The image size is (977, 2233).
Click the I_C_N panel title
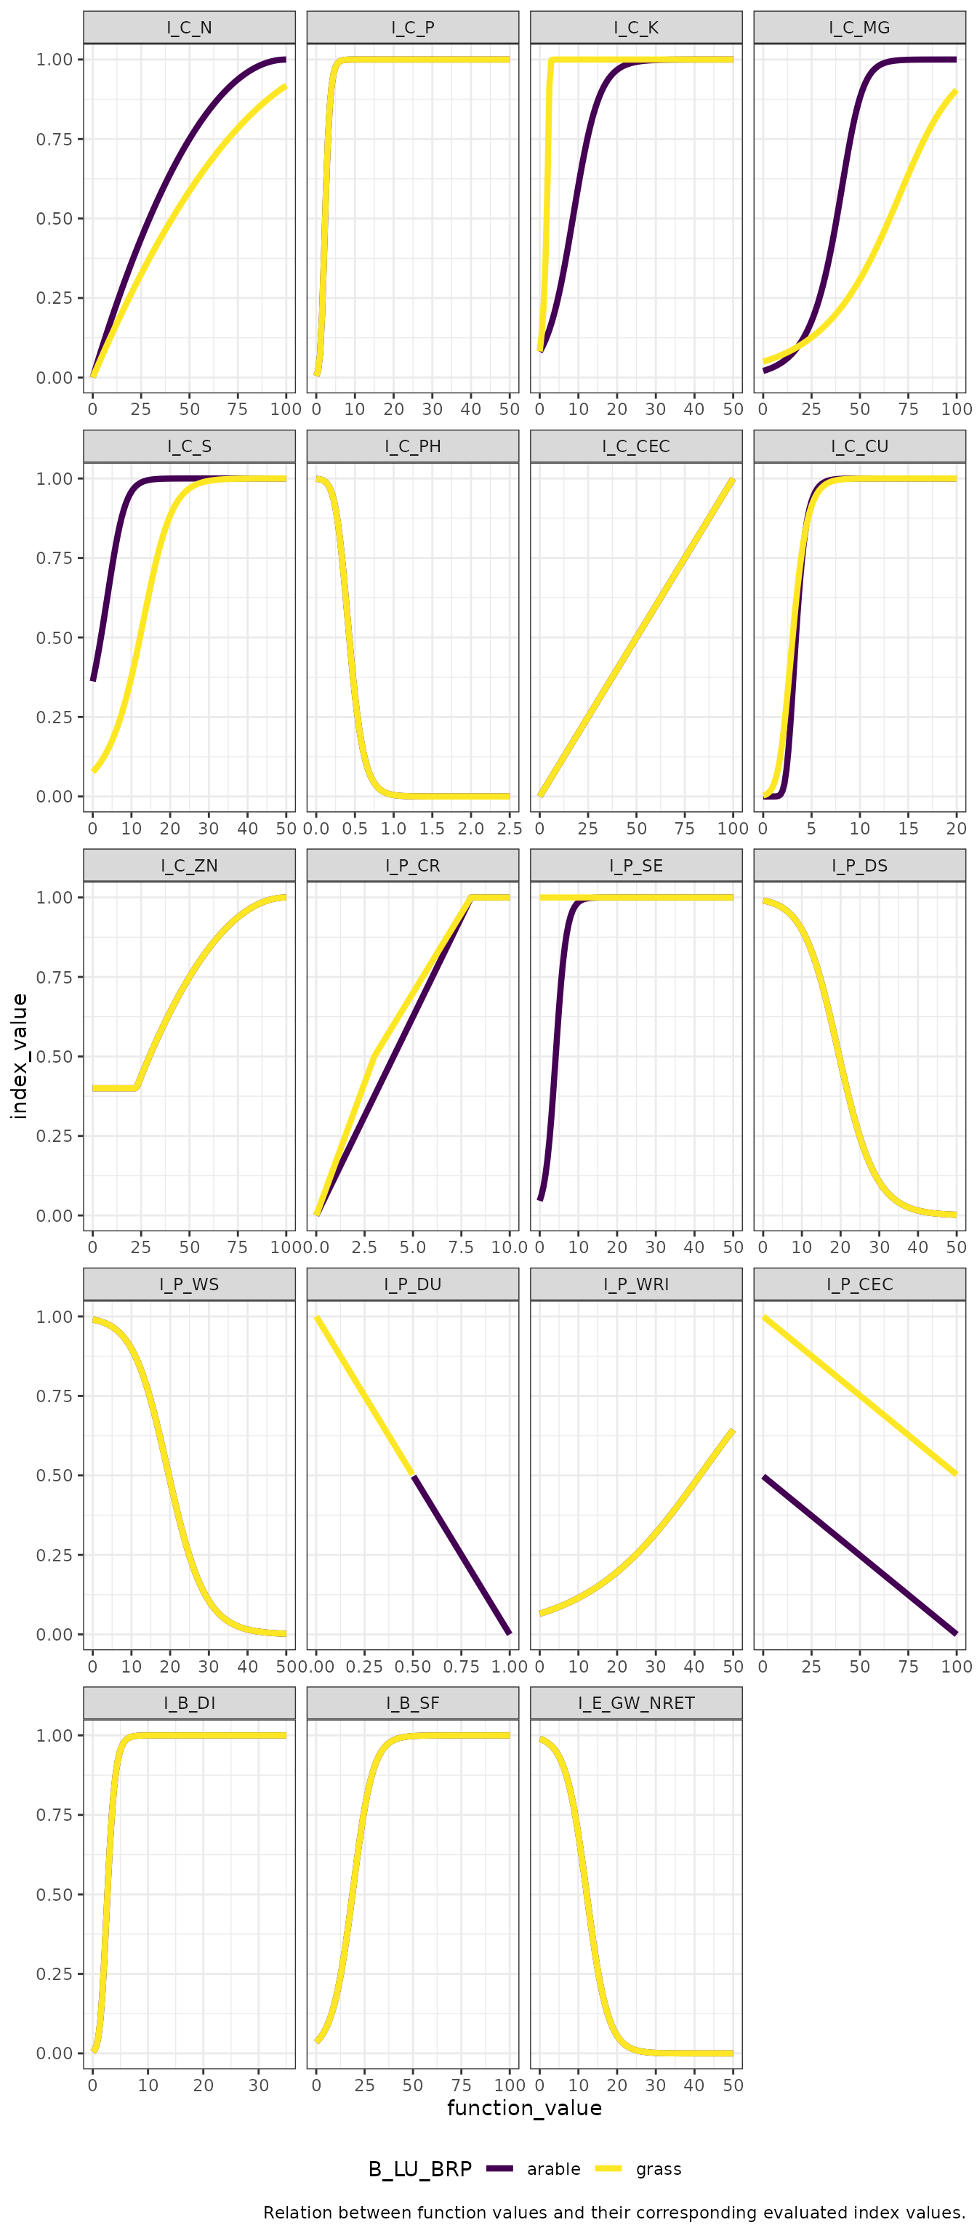coord(189,28)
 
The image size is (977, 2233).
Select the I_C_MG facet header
coord(859,28)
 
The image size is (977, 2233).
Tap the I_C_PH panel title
coord(413,446)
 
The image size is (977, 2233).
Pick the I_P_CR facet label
coord(413,865)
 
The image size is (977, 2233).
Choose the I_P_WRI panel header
coord(635,1284)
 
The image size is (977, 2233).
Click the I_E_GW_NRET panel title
coord(635,1702)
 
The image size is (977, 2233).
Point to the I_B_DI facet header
coord(189,1702)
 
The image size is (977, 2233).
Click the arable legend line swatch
coord(499,2168)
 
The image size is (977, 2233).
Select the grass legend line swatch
coord(608,2168)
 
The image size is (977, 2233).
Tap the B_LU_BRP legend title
coord(419,2168)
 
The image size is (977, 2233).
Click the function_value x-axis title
coord(523,2107)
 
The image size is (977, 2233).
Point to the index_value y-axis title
coord(19,1056)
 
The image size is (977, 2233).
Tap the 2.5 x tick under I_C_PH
coord(509,828)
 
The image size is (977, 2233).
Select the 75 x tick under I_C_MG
coord(908,409)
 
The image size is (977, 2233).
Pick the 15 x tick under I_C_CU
coord(908,828)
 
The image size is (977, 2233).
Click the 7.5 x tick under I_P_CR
coord(460,1247)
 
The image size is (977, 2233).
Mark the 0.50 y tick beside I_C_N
coord(54,219)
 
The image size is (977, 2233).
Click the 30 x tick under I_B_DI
coord(258,2085)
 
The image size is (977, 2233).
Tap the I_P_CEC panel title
coord(859,1284)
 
